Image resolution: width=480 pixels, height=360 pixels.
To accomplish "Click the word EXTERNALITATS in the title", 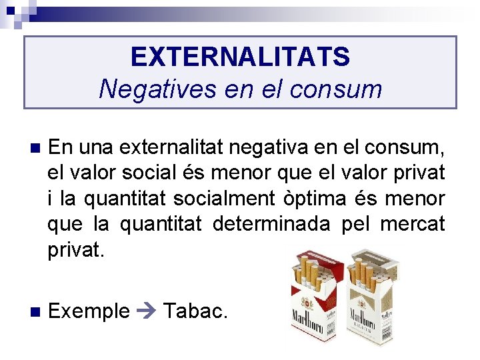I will pyautogui.click(x=240, y=57).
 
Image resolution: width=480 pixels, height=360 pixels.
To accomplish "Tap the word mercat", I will pyautogui.click(x=413, y=224).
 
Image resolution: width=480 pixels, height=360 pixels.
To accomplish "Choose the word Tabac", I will pyautogui.click(x=195, y=310).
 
